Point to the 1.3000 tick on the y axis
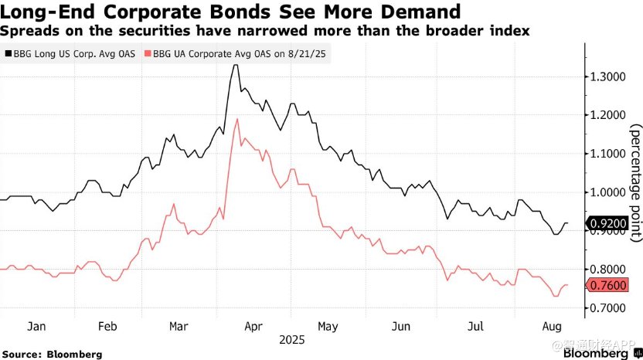tap(607, 76)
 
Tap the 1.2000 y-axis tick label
tap(607, 115)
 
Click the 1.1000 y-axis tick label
tap(607, 154)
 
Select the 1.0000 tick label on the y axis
tap(607, 192)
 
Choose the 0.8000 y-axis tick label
tap(607, 269)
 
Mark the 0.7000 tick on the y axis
tap(607, 307)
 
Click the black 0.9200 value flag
tap(607, 225)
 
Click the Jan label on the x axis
tap(36, 326)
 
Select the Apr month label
tap(253, 326)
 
